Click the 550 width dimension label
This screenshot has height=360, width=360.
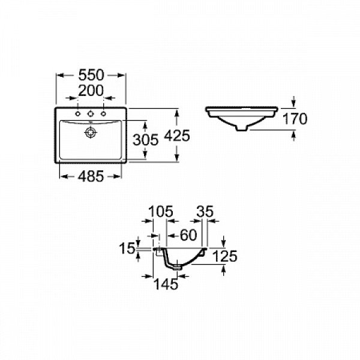(92, 75)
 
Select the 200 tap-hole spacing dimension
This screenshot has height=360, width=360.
(91, 91)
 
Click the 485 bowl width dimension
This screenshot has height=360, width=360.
(91, 176)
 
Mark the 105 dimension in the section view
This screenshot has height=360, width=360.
(160, 211)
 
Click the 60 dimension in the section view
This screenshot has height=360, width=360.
(188, 235)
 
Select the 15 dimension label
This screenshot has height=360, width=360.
(128, 247)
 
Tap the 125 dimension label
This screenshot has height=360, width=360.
(224, 256)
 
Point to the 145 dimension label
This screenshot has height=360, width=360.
(166, 285)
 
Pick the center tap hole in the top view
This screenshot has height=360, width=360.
(90, 113)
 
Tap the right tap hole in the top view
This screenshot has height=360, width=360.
(103, 113)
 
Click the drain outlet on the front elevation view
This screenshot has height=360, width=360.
(241, 127)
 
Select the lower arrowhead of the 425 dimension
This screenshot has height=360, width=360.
(177, 159)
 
